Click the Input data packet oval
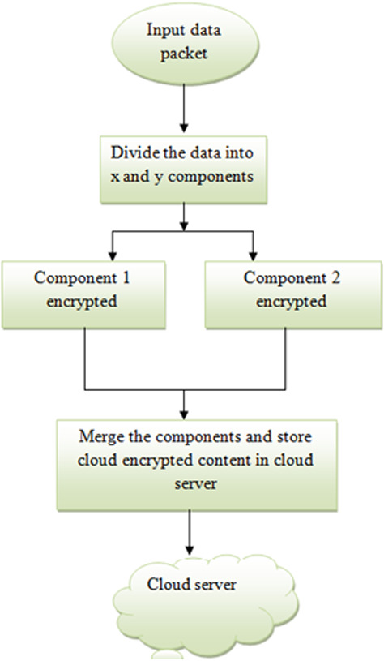[186, 41]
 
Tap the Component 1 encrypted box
[84, 294]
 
